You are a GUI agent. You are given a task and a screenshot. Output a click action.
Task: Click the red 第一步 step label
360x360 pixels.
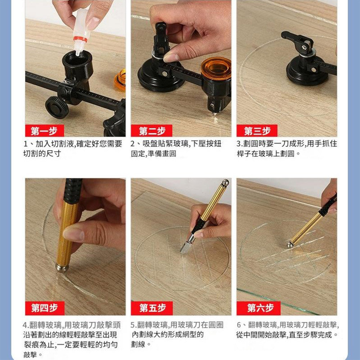(x=44, y=131)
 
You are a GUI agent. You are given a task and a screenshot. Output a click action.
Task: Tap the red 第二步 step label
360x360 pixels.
(x=152, y=131)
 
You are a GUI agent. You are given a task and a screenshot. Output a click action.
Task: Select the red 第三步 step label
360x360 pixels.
(x=257, y=131)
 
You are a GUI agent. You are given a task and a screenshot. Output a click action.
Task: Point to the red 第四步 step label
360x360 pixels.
(x=45, y=308)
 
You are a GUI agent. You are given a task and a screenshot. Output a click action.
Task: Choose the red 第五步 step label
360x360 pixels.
(x=152, y=308)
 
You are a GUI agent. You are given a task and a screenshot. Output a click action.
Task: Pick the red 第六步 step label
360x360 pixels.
(x=259, y=308)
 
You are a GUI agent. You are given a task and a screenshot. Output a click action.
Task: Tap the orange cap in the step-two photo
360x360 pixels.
(x=216, y=68)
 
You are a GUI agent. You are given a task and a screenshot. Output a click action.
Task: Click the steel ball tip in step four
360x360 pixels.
(x=62, y=268)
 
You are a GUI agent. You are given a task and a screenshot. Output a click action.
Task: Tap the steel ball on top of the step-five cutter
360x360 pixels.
(x=225, y=183)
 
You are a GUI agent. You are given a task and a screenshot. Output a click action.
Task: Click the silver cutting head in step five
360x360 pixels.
(x=187, y=245)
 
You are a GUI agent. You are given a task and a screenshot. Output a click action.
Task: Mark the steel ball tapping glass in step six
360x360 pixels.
(x=290, y=244)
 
